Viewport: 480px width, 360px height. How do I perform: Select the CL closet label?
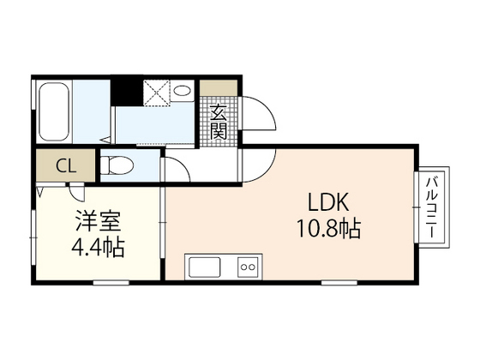tap(64, 165)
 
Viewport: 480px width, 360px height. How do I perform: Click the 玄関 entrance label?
tap(219, 122)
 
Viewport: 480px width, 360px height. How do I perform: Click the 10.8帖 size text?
tap(329, 230)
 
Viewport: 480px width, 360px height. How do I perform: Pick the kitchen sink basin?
tap(206, 267)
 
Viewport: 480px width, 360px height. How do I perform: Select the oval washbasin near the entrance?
tap(182, 91)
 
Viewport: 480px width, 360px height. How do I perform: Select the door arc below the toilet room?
tap(175, 169)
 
